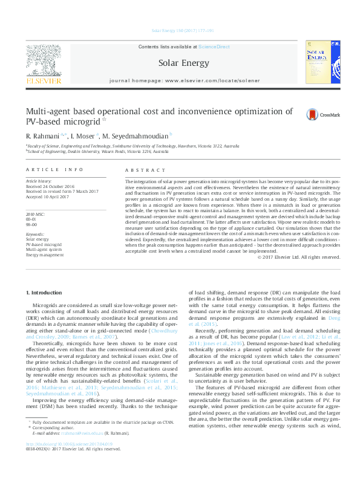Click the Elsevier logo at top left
tap(42, 63)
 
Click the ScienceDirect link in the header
tap(214, 47)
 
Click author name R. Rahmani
tap(42, 135)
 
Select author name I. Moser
tap(81, 135)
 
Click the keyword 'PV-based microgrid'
tap(44, 244)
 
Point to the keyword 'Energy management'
tap(44, 255)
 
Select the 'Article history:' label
tap(39, 181)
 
